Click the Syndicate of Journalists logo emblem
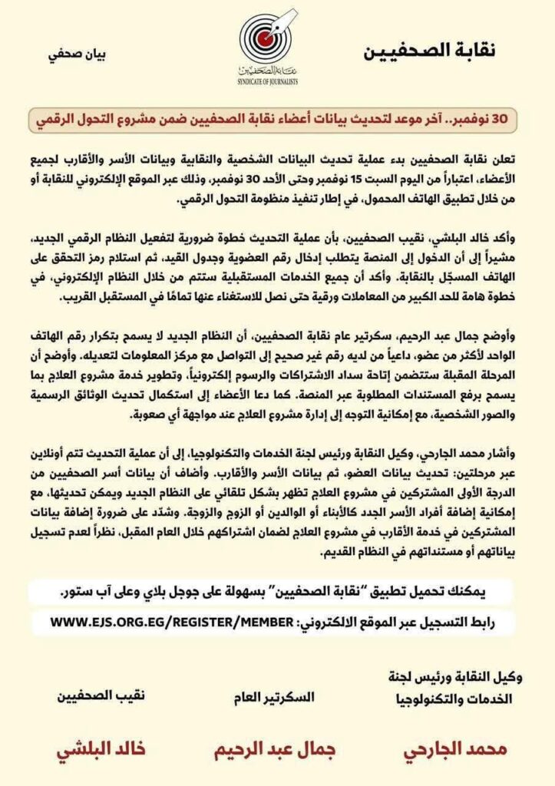266,38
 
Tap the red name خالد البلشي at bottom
101,748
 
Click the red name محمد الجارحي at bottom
446,748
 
